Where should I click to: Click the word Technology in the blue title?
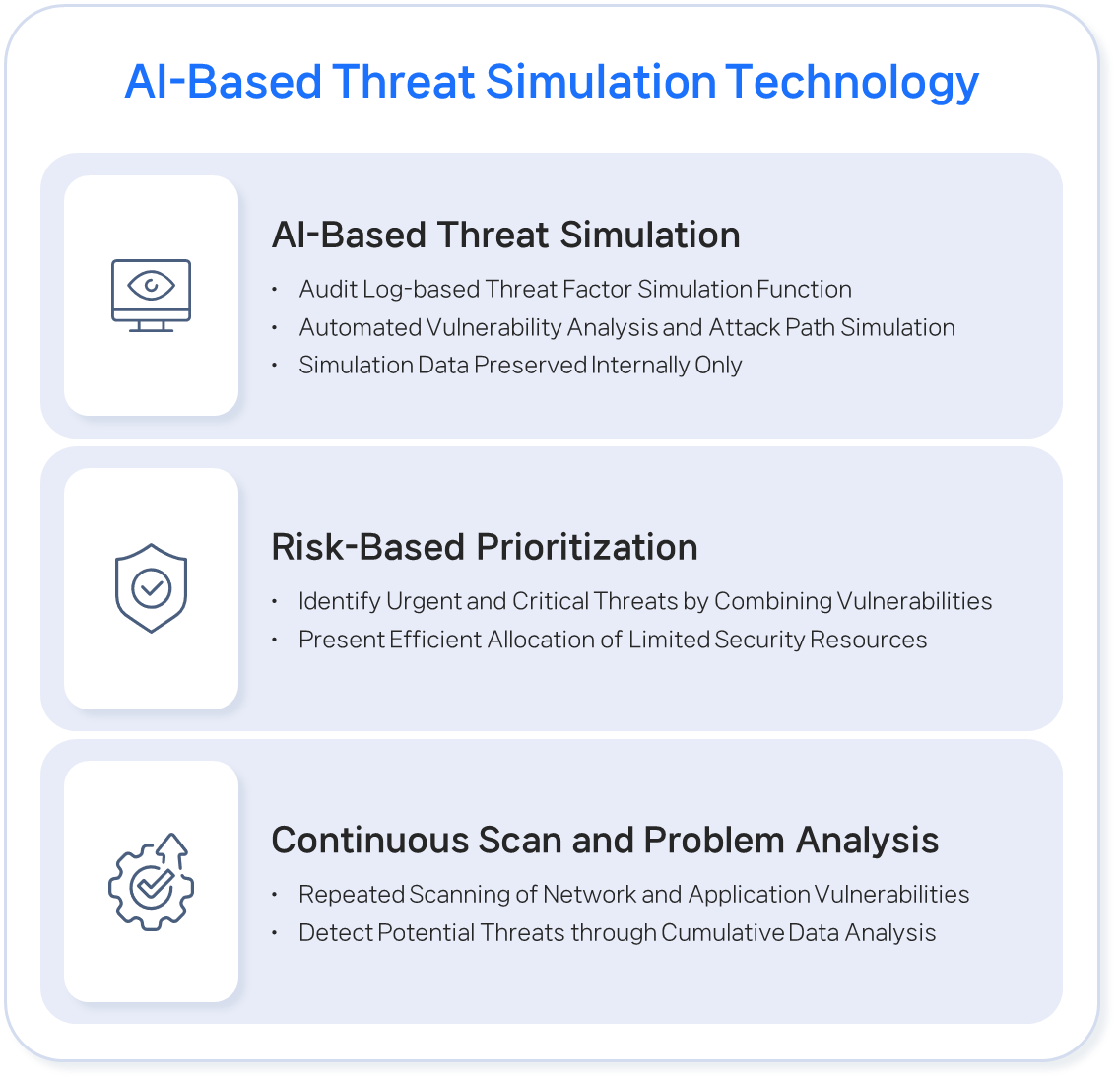(852, 82)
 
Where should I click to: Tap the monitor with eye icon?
(151, 296)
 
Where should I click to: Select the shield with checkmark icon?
(151, 588)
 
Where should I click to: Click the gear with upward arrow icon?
(151, 882)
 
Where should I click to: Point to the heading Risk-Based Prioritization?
(484, 547)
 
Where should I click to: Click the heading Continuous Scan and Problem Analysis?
(605, 841)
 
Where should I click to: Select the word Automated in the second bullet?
(361, 327)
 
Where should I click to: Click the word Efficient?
(435, 640)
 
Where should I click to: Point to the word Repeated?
(352, 895)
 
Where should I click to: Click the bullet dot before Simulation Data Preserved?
(275, 366)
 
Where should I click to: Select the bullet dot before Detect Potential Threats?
(275, 934)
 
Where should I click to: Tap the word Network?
(589, 895)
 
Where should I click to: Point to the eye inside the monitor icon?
(151, 286)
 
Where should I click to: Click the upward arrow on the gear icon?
(172, 848)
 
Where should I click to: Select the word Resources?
(869, 640)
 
